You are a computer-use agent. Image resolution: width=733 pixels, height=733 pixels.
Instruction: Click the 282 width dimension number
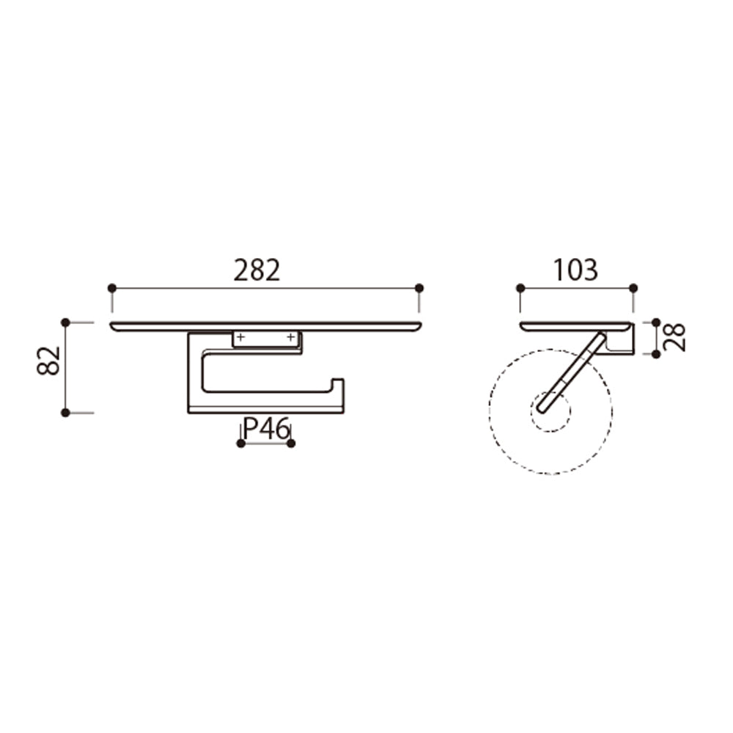pos(257,270)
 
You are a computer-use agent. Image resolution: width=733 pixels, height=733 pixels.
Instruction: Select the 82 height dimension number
pos(48,361)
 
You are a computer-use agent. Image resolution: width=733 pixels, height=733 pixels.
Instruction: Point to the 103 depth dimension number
pos(575,270)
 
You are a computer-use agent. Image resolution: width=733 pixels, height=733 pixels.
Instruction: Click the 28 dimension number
pos(674,337)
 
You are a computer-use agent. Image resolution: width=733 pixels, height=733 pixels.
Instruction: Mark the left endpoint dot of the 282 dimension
pos(111,288)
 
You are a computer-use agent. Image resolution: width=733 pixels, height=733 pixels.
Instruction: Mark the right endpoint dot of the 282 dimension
pos(419,288)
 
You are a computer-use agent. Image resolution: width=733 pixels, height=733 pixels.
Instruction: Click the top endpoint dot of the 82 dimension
pos(65,323)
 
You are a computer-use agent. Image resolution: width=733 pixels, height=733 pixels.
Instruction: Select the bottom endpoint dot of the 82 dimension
pos(65,413)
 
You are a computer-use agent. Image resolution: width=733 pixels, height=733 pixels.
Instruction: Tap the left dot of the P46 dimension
pos(240,443)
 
